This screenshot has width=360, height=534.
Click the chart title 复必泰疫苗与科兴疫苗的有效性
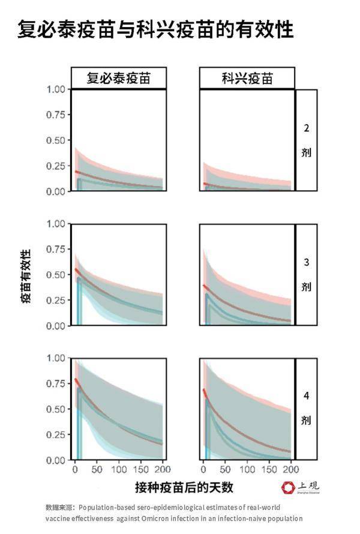pos(155,29)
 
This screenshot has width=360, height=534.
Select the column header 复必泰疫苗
pos(119,79)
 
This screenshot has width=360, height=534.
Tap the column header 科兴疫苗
pos(247,79)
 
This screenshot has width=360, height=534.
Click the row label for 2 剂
pos(306,140)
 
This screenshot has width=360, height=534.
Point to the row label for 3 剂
pos(306,274)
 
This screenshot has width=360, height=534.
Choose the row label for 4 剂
pos(306,409)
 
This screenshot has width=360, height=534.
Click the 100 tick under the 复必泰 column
pos(119,469)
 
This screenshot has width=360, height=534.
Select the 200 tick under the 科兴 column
pos(290,469)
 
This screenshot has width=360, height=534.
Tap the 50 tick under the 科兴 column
pos(225,469)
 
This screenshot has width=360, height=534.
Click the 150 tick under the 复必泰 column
pos(141,469)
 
